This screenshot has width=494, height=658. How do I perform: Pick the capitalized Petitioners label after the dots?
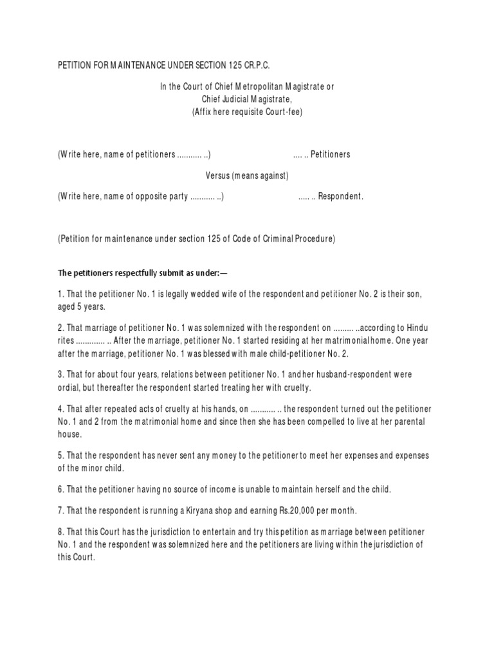(331, 155)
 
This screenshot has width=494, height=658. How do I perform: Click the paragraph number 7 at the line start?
(60, 511)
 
